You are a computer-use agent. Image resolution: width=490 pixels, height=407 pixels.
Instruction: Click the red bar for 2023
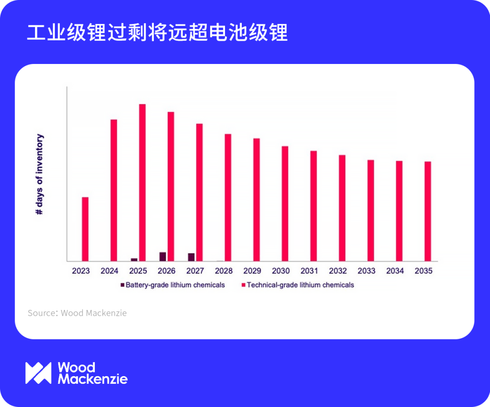click(x=85, y=229)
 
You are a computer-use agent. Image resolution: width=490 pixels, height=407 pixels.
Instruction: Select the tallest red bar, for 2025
click(x=142, y=182)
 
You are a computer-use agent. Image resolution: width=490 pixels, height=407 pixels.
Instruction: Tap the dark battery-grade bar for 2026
click(x=163, y=257)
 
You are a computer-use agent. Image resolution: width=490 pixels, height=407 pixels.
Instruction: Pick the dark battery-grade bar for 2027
click(x=191, y=257)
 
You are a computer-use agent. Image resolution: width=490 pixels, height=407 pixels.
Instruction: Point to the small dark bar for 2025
click(x=134, y=260)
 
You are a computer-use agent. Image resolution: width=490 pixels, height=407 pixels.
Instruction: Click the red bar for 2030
click(x=285, y=204)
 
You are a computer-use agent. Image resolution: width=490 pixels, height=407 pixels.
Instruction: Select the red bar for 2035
click(x=428, y=211)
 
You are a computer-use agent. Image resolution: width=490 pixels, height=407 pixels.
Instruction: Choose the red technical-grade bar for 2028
click(x=228, y=197)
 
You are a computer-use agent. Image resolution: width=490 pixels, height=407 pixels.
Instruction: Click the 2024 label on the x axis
click(x=109, y=271)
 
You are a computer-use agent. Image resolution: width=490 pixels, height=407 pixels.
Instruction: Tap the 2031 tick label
click(x=309, y=271)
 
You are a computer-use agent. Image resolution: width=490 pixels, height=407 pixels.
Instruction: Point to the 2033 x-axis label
click(x=367, y=271)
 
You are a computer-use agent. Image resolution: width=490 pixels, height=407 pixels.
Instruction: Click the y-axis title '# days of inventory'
click(x=39, y=174)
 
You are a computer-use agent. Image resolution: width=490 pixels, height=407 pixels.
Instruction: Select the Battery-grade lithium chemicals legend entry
click(x=173, y=285)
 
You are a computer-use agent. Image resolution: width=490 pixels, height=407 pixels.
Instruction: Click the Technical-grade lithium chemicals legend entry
click(x=298, y=285)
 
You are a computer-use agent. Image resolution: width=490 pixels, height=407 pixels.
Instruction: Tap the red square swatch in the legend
click(x=244, y=285)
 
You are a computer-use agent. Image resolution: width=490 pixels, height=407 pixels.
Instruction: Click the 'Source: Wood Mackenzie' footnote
click(x=77, y=313)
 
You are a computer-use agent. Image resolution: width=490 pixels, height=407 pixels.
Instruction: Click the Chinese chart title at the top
click(x=157, y=32)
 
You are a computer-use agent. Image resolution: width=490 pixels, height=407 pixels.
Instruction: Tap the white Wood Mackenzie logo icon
click(x=39, y=373)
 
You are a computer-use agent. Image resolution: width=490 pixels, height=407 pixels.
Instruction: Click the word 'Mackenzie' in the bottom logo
click(x=93, y=379)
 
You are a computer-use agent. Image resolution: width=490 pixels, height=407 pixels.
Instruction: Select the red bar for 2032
click(x=342, y=208)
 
